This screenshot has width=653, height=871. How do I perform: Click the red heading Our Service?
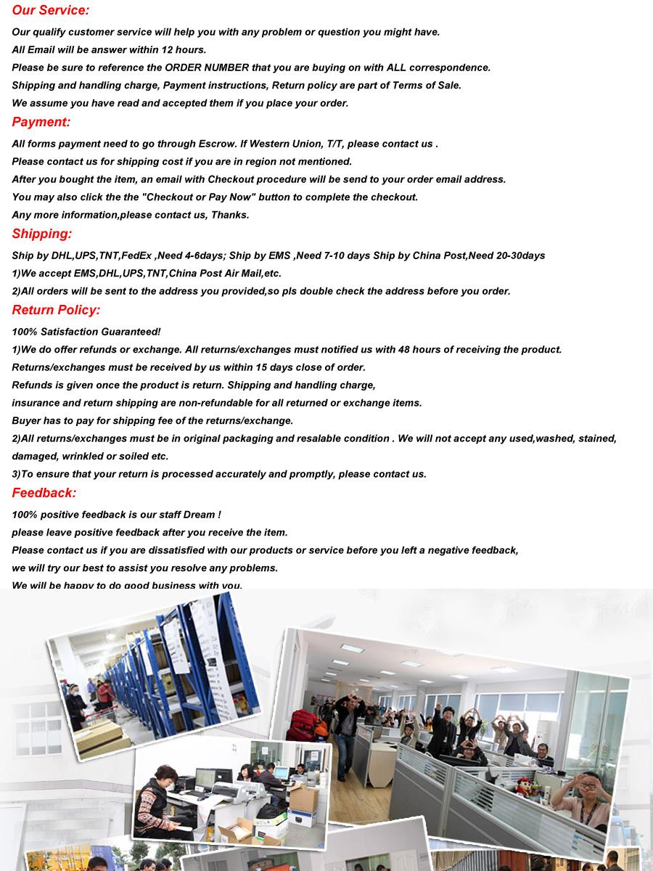pos(51,11)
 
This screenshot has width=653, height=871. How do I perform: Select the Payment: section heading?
pos(41,122)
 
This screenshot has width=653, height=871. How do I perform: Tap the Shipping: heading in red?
pos(42,234)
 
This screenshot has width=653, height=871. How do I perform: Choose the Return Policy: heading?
pos(56,310)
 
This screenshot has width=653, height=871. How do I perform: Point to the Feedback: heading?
pos(44,493)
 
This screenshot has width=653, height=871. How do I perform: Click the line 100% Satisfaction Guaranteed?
pos(86,332)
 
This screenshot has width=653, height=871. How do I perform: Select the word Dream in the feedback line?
pos(199,515)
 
